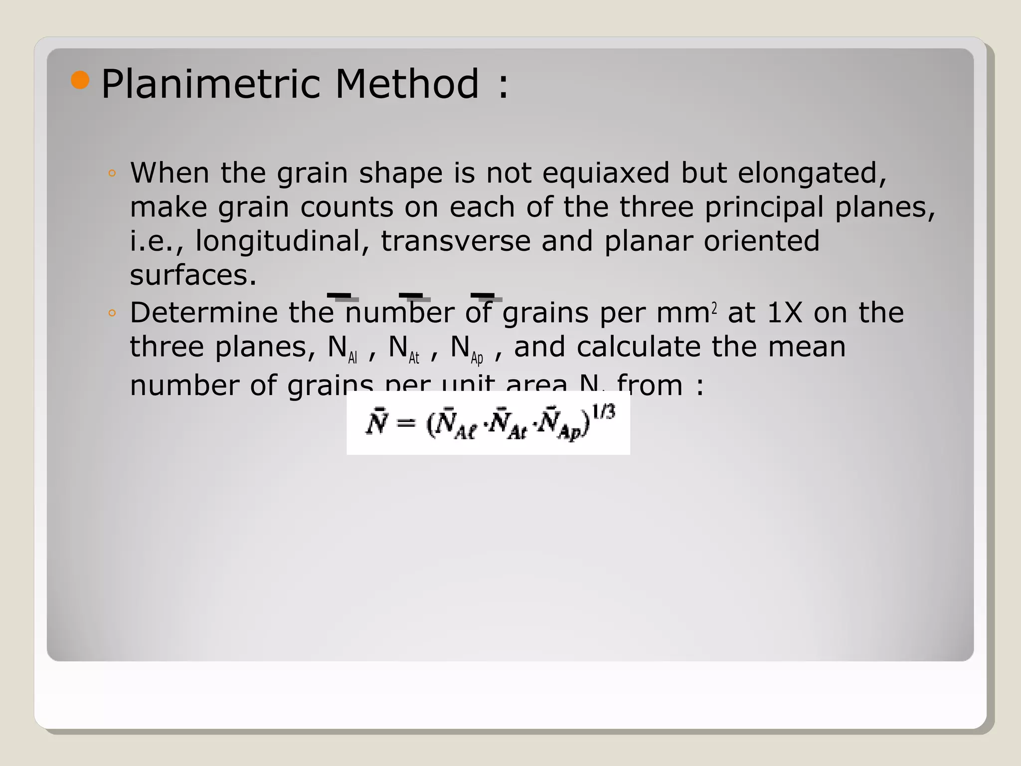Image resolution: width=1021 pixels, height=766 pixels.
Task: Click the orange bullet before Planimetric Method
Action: coord(80,80)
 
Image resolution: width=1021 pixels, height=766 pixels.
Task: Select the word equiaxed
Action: coord(606,173)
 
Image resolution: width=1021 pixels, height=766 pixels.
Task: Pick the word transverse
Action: coord(456,241)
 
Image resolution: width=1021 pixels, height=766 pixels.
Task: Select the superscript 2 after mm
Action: coord(714,309)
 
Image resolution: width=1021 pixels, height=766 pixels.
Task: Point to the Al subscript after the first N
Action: coord(352,358)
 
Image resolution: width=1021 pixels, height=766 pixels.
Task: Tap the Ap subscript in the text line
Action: coord(477,358)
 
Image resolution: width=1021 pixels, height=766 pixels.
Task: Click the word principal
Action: coord(764,207)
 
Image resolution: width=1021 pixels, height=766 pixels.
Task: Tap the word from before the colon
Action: coord(650,385)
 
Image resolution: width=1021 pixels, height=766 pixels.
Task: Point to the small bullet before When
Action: coord(112,174)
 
